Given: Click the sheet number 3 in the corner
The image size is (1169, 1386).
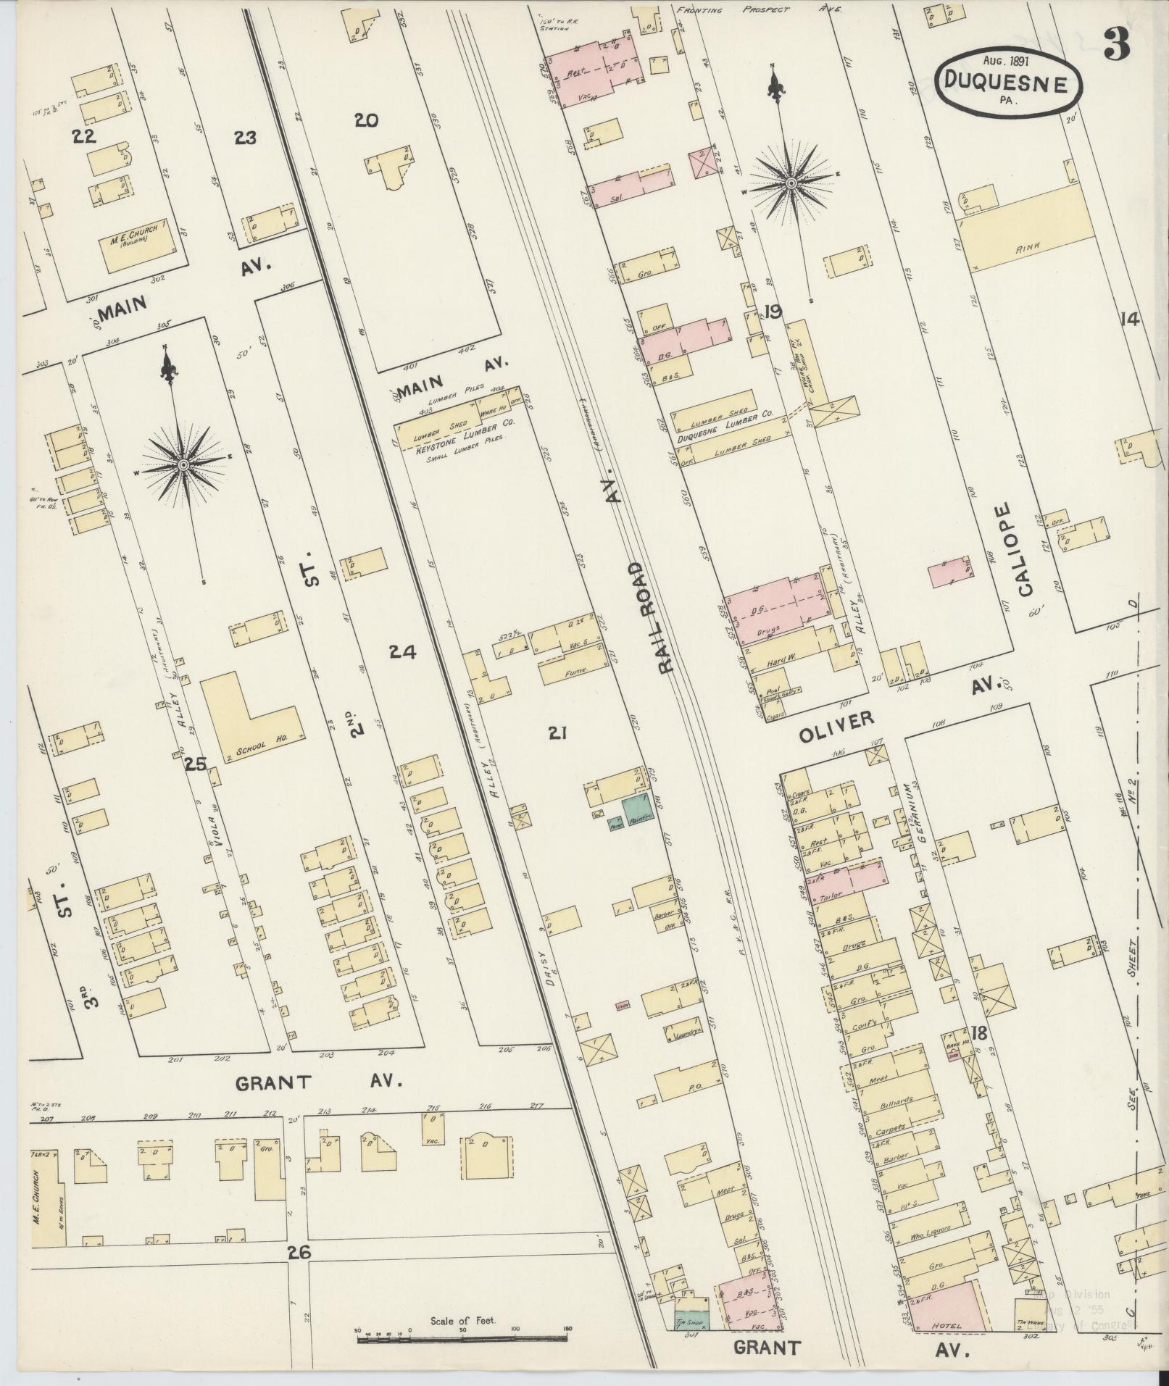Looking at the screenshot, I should click(1117, 47).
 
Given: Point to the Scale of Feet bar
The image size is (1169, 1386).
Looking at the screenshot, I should click(462, 1339).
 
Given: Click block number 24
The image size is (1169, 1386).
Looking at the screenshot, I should click(402, 652).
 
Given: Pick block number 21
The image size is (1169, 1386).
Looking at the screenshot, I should click(557, 735).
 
